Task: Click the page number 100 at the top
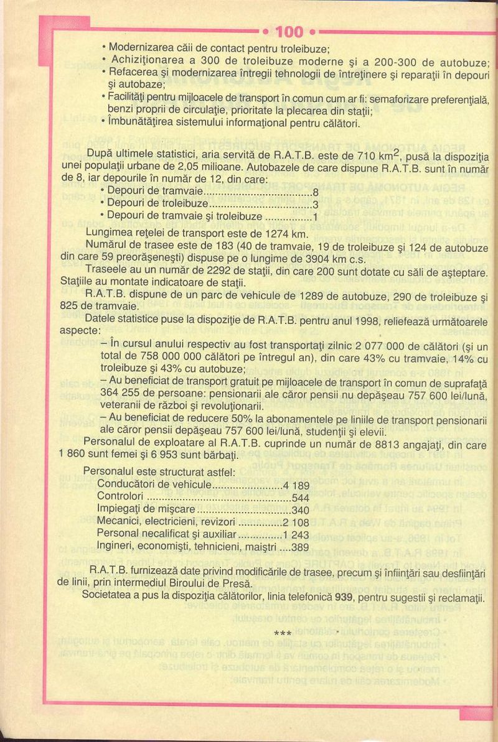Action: coord(288,32)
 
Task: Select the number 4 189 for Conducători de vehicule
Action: coord(296,486)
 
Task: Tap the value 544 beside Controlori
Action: coord(300,498)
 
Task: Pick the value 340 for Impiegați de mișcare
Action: coord(300,510)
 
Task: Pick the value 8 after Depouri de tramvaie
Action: coord(315,192)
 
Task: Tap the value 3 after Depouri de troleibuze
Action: coord(315,204)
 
